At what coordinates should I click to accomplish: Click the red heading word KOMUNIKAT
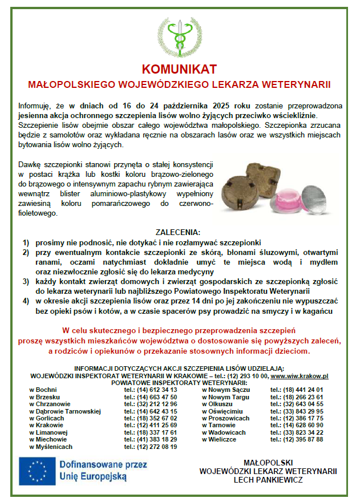tap(180, 69)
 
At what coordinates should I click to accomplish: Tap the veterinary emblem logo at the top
tap(180, 33)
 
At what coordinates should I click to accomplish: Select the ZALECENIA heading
tap(178, 232)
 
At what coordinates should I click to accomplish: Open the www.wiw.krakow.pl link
tap(300, 376)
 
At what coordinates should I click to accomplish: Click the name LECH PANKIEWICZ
tap(268, 480)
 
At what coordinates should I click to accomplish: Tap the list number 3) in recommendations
tap(26, 281)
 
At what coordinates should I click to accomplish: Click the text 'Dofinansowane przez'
tap(103, 465)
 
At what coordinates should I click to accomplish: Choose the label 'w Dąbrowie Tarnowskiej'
tap(64, 411)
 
